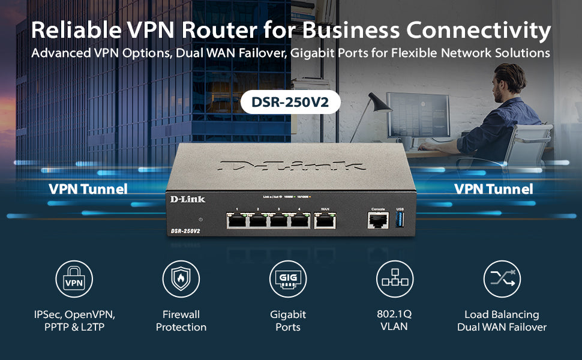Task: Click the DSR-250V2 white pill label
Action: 290,102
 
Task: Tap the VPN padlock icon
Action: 74,279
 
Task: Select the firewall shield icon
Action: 181,279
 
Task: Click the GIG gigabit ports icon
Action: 288,279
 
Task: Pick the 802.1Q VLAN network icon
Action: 394,279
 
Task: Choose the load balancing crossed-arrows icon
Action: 502,279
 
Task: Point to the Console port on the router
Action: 378,220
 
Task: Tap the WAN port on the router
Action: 325,221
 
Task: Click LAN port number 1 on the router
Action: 238,221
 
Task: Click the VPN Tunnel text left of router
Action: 88,189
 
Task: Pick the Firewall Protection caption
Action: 181,320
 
